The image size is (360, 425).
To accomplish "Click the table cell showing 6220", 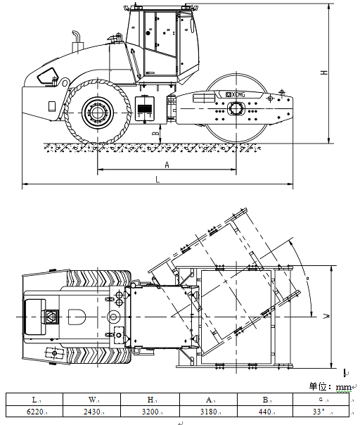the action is pyautogui.click(x=34, y=412).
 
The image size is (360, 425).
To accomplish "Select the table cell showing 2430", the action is pyautogui.click(x=92, y=412).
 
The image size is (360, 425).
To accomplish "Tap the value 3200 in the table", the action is pyautogui.click(x=150, y=412).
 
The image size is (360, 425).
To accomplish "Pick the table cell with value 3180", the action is pyautogui.click(x=209, y=412).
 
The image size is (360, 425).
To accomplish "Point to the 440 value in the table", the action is pyautogui.click(x=265, y=412).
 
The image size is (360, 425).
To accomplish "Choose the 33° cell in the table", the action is pyautogui.click(x=321, y=412).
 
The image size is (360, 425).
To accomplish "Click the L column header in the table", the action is pyautogui.click(x=34, y=400).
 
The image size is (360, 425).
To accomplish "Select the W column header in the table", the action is pyautogui.click(x=92, y=400).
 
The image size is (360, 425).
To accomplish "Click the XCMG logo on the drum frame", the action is pyautogui.click(x=235, y=94).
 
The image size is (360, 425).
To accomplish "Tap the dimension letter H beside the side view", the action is pyautogui.click(x=324, y=72).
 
